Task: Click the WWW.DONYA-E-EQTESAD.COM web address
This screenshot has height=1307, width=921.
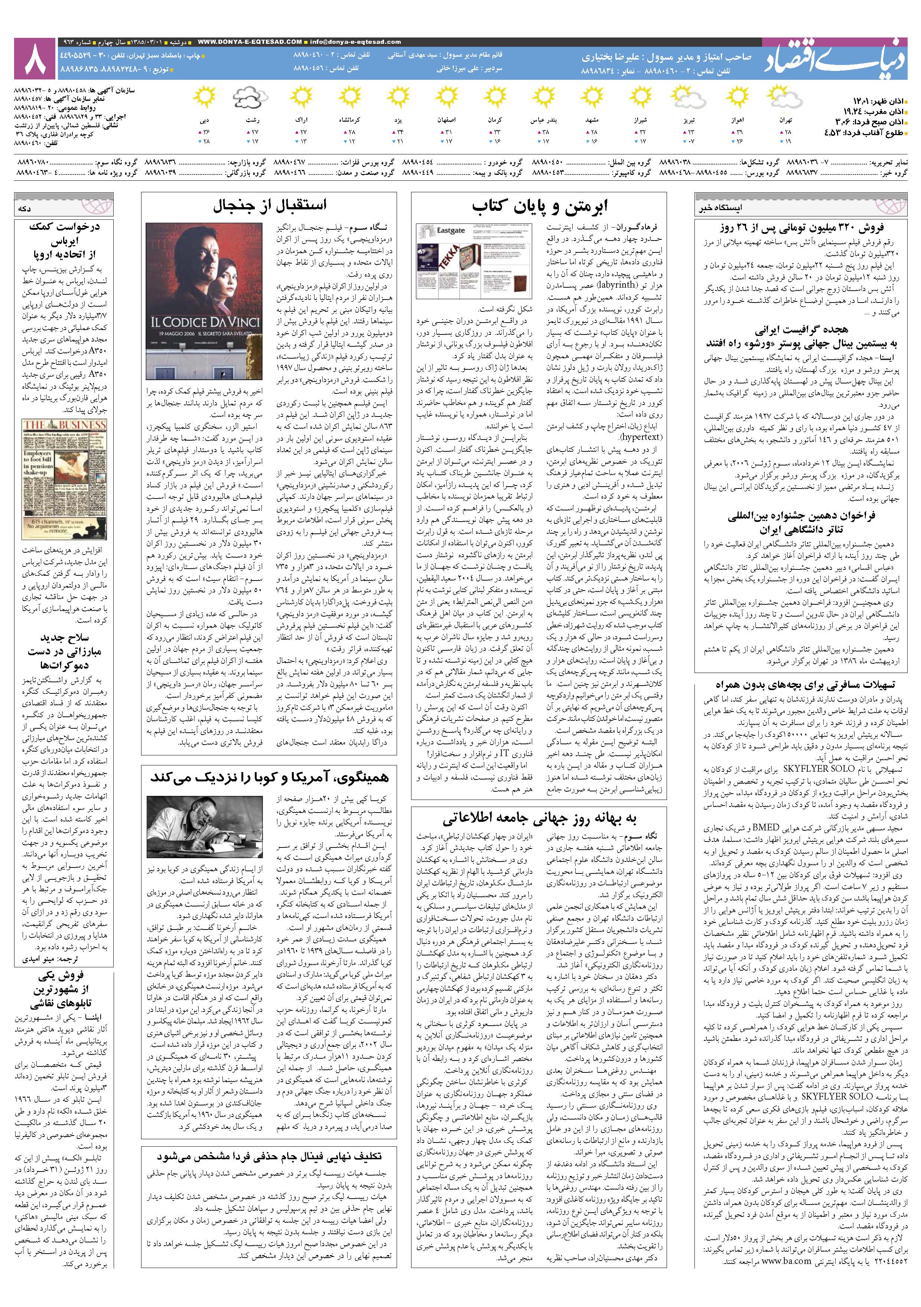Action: click(x=250, y=42)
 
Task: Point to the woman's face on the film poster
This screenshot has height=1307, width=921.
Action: click(x=230, y=268)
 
